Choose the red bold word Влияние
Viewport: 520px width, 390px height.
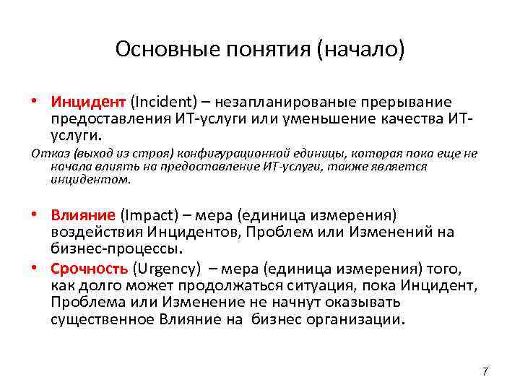(x=83, y=214)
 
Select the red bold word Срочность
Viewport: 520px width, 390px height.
(x=89, y=269)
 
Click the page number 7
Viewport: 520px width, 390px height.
(x=485, y=371)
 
